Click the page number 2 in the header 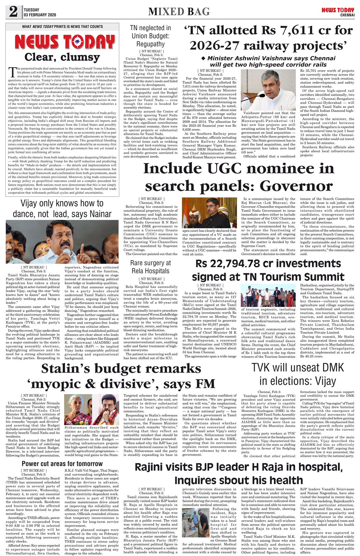[x=13, y=11]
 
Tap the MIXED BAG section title [x=179, y=11]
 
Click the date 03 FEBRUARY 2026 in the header [x=40, y=15]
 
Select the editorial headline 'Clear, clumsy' [x=62, y=57]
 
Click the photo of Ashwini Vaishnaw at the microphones [x=268, y=90]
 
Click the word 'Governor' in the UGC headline [x=296, y=186]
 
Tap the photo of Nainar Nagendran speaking [x=62, y=242]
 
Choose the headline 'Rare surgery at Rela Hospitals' [x=150, y=267]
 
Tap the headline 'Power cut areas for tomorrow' [x=62, y=464]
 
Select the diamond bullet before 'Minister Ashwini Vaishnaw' [x=204, y=58]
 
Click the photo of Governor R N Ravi [x=209, y=213]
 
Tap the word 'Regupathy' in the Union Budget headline [x=150, y=44]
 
